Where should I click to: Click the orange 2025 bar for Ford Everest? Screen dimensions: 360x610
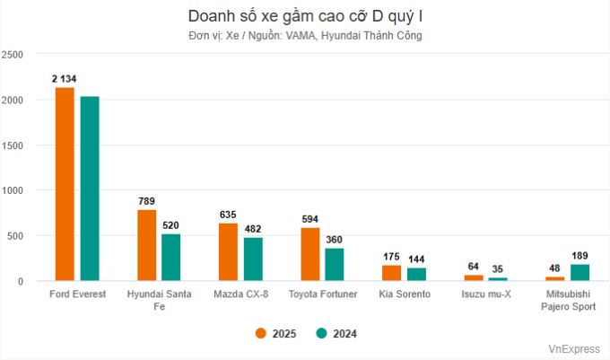tap(65, 184)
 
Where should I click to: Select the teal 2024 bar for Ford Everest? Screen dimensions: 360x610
tap(90, 189)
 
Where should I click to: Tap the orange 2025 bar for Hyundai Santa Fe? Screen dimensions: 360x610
tap(146, 245)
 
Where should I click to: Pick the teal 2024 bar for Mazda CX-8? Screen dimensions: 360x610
tap(253, 259)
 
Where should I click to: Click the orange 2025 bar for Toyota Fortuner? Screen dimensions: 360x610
tap(309, 254)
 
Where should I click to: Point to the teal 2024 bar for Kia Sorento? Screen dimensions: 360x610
tap(416, 274)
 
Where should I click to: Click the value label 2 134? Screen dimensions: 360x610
tap(65, 79)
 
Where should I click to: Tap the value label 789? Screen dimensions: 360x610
tap(146, 201)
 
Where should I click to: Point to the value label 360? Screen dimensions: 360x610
tap(335, 240)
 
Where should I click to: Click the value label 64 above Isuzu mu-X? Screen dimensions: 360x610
tap(473, 267)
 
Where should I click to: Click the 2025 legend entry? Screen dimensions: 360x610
tap(274, 334)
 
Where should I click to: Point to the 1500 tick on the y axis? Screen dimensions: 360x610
tap(13, 145)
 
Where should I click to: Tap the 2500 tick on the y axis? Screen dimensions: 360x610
tap(13, 55)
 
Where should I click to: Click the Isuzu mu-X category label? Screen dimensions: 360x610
tap(485, 294)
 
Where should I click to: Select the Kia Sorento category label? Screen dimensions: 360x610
tap(404, 294)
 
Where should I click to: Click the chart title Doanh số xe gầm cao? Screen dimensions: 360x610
tap(305, 16)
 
